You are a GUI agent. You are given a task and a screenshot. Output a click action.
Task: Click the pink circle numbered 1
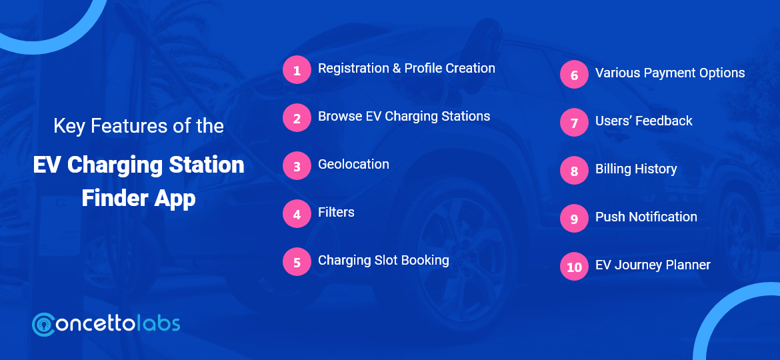pyautogui.click(x=297, y=70)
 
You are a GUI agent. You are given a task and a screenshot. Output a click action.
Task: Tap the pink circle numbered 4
pyautogui.click(x=297, y=214)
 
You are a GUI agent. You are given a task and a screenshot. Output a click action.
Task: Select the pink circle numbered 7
pyautogui.click(x=574, y=123)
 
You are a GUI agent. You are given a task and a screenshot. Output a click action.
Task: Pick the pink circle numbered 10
pyautogui.click(x=574, y=267)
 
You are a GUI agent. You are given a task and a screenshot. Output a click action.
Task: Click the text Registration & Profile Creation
pyautogui.click(x=406, y=68)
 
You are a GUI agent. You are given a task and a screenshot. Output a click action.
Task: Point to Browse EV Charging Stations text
pyautogui.click(x=403, y=116)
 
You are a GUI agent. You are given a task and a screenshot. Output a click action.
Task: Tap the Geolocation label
pyautogui.click(x=353, y=164)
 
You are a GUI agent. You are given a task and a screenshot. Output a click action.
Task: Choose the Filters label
pyautogui.click(x=336, y=212)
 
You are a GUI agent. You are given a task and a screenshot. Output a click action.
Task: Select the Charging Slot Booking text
pyautogui.click(x=383, y=260)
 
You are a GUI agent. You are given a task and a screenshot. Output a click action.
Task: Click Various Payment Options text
pyautogui.click(x=670, y=73)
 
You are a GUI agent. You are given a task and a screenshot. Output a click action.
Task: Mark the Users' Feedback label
pyautogui.click(x=643, y=121)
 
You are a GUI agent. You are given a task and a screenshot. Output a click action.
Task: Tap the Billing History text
pyautogui.click(x=636, y=169)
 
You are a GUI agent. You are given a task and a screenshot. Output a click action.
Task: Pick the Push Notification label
pyautogui.click(x=646, y=217)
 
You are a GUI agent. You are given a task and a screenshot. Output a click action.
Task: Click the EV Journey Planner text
pyautogui.click(x=653, y=265)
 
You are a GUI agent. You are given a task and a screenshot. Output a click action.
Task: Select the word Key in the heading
pyautogui.click(x=69, y=125)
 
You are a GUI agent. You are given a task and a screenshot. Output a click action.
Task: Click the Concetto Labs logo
pyautogui.click(x=106, y=324)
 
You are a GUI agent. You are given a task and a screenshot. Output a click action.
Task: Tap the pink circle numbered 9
pyautogui.click(x=574, y=219)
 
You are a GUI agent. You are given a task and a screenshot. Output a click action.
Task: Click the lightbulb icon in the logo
pyautogui.click(x=46, y=325)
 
